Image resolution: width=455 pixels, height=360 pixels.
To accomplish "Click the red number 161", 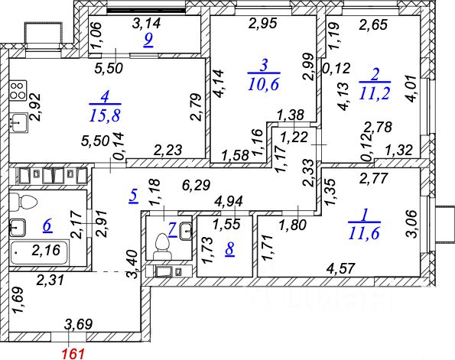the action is point(74,354).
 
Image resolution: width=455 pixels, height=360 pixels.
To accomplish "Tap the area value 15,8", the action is point(105,115).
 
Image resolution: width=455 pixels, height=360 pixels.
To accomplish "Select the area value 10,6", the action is point(264,84).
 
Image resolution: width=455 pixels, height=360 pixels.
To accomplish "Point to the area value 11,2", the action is point(375,93).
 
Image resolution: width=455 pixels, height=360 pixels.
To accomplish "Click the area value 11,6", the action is point(364,233).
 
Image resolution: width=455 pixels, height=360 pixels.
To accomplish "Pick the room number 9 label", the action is point(148,41).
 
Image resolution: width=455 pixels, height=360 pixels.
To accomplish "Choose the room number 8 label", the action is point(230,250).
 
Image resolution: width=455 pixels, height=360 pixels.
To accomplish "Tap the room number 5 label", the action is point(133,196).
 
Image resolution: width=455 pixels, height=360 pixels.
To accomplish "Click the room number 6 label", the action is point(48,225).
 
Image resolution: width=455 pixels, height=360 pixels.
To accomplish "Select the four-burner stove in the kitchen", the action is point(18,90).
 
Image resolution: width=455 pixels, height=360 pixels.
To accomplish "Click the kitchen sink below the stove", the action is point(18,123).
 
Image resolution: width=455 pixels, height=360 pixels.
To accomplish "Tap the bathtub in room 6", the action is point(39,251).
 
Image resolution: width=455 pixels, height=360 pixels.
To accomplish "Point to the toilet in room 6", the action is point(23,203).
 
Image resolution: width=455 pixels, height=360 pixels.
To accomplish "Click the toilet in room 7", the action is point(162,247).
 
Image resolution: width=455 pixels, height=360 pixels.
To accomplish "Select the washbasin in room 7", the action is point(185,231).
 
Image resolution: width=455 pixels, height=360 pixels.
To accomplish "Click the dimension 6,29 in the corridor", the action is point(197,185).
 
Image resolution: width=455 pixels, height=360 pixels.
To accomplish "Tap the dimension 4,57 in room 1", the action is point(340,268).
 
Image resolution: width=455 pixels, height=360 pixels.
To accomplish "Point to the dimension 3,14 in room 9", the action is point(146,23).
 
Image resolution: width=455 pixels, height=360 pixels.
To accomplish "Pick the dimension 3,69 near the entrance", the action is point(79,324).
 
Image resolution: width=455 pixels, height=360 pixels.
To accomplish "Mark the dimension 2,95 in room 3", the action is point(263,23).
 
